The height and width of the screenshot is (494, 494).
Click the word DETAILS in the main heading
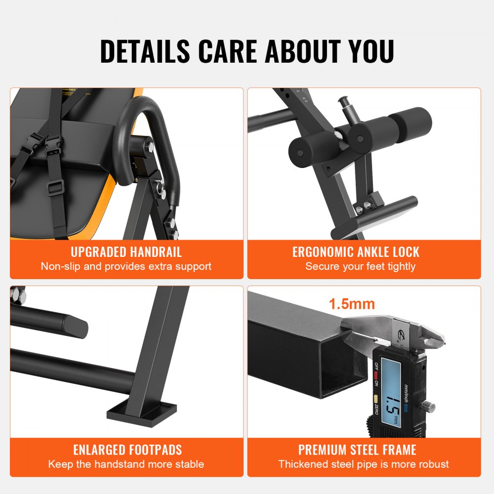(x=145, y=50)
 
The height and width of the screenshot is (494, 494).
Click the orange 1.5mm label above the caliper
(x=352, y=304)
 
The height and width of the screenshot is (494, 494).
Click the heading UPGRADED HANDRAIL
(x=126, y=252)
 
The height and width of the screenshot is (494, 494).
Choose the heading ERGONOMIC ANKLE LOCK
(x=356, y=252)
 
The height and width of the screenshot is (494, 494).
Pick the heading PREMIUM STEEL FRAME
(x=357, y=450)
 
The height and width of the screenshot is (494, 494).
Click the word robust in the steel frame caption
(x=432, y=464)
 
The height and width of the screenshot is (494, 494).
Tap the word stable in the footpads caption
(x=188, y=464)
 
